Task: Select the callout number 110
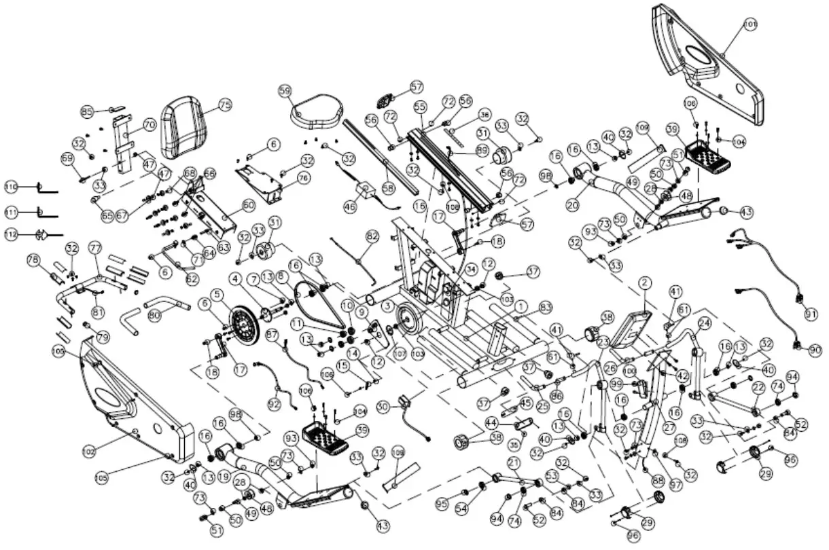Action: coord(11,187)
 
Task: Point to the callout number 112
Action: coord(11,235)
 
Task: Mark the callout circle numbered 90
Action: coord(815,349)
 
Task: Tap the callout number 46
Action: coord(350,206)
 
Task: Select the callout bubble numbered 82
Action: coord(371,236)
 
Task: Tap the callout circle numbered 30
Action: coord(383,406)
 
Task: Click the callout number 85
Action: coord(87,111)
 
